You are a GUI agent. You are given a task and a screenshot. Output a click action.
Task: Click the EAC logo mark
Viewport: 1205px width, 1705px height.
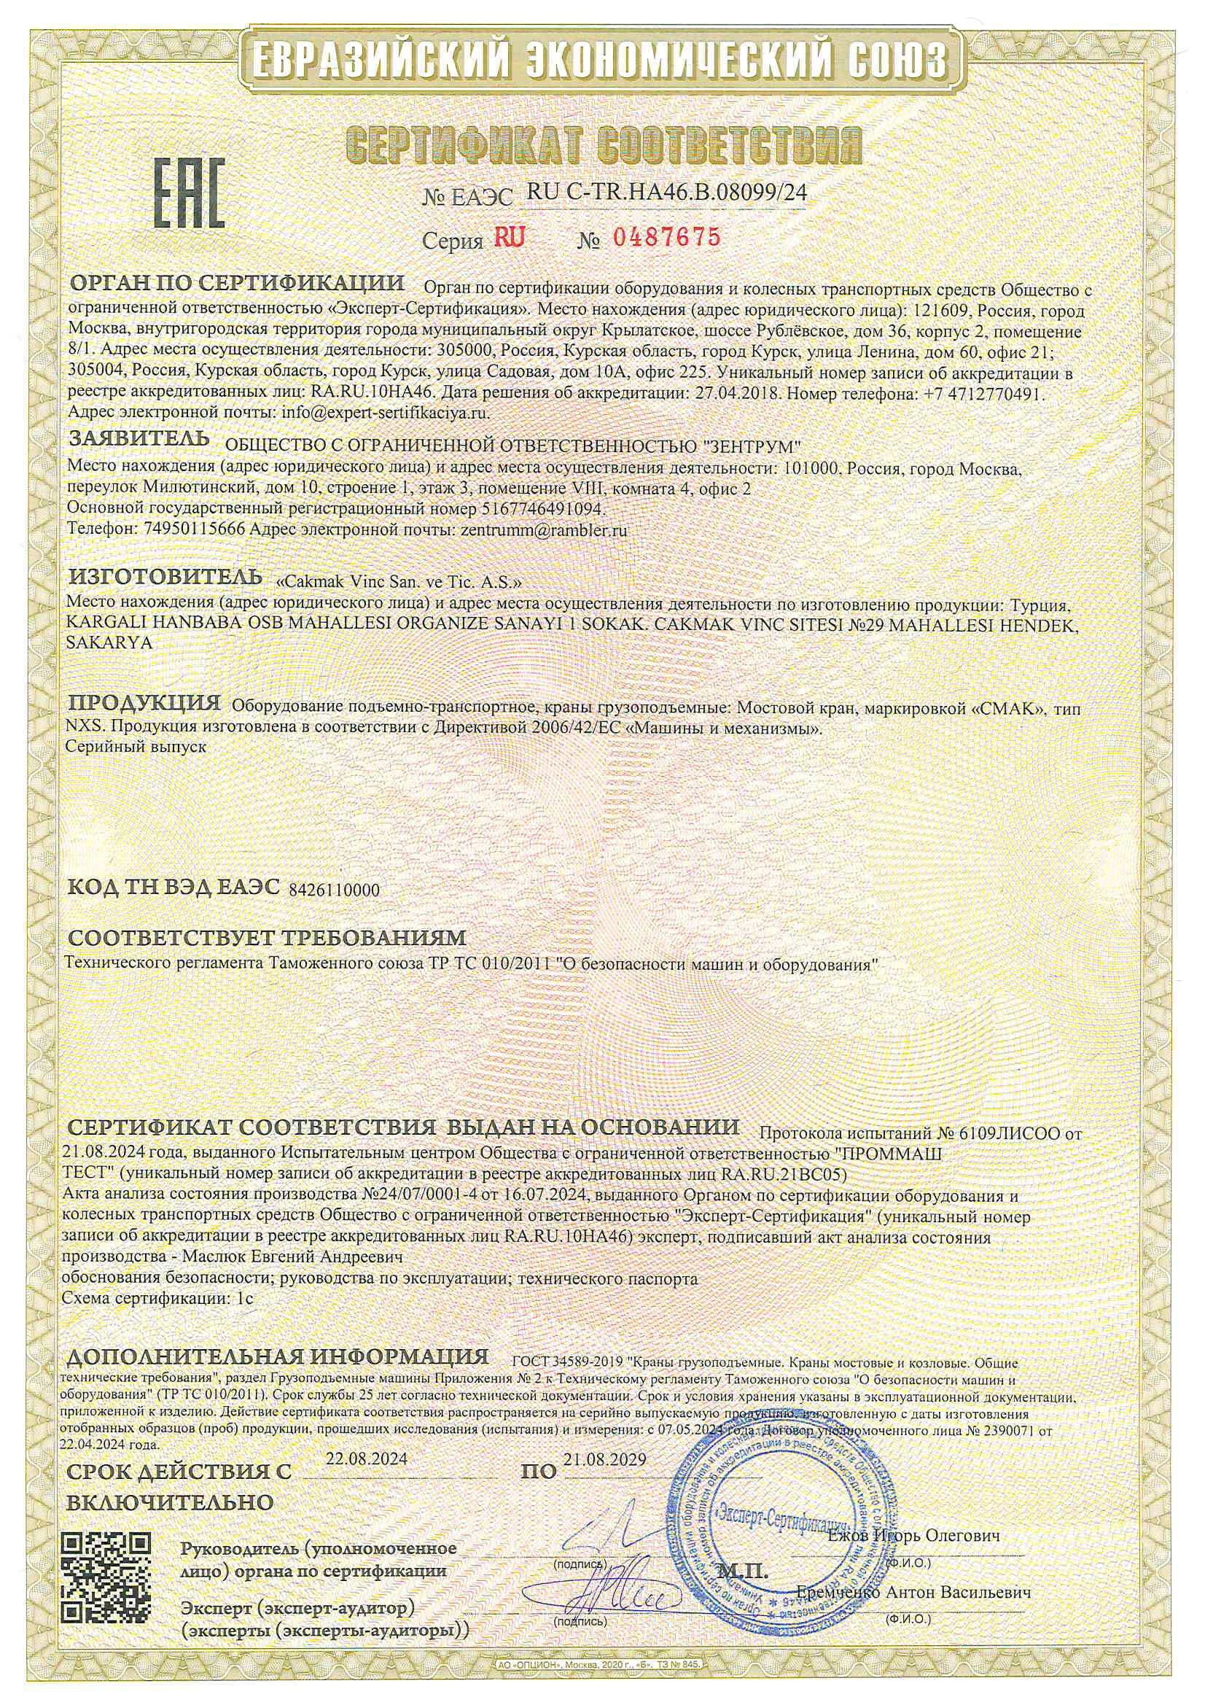[189, 193]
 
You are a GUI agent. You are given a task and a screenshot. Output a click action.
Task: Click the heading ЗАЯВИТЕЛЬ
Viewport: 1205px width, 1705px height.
[139, 441]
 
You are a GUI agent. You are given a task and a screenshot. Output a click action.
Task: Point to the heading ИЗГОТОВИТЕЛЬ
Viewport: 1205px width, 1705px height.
[165, 576]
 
